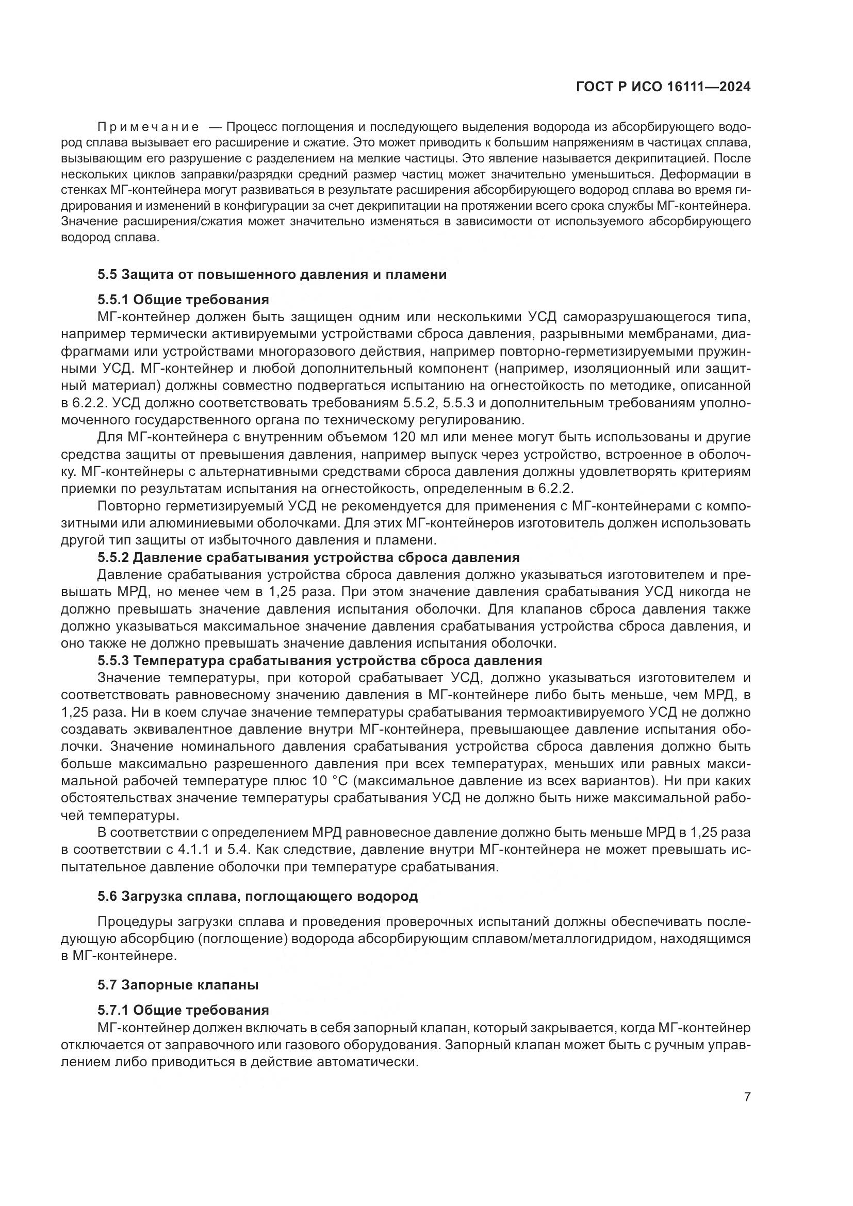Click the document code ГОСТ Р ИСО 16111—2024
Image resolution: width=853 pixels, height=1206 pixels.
(663, 87)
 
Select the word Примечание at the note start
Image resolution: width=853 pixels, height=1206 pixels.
(148, 127)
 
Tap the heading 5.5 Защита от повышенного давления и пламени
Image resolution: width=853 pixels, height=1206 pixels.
(272, 274)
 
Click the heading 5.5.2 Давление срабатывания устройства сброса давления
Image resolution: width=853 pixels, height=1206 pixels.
(308, 557)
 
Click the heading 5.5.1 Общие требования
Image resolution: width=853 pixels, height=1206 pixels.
(183, 300)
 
